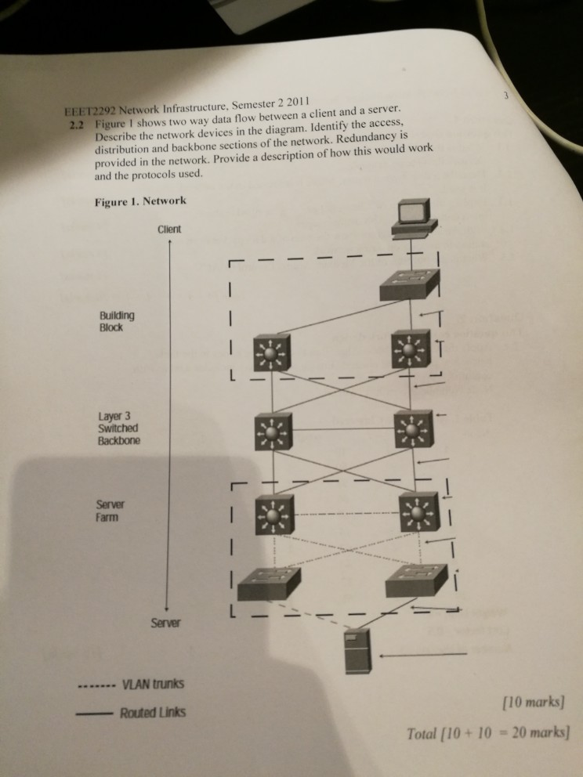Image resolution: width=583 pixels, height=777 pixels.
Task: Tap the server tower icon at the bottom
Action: (x=359, y=649)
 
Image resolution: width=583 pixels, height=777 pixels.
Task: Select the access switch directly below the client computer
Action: (x=409, y=284)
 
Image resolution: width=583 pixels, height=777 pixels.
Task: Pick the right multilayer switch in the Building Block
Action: (x=411, y=348)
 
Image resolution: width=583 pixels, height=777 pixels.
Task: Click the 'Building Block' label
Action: (x=117, y=321)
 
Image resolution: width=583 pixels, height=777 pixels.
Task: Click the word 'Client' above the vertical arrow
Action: (x=168, y=229)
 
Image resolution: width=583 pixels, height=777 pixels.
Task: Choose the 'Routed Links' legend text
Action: (x=153, y=713)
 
